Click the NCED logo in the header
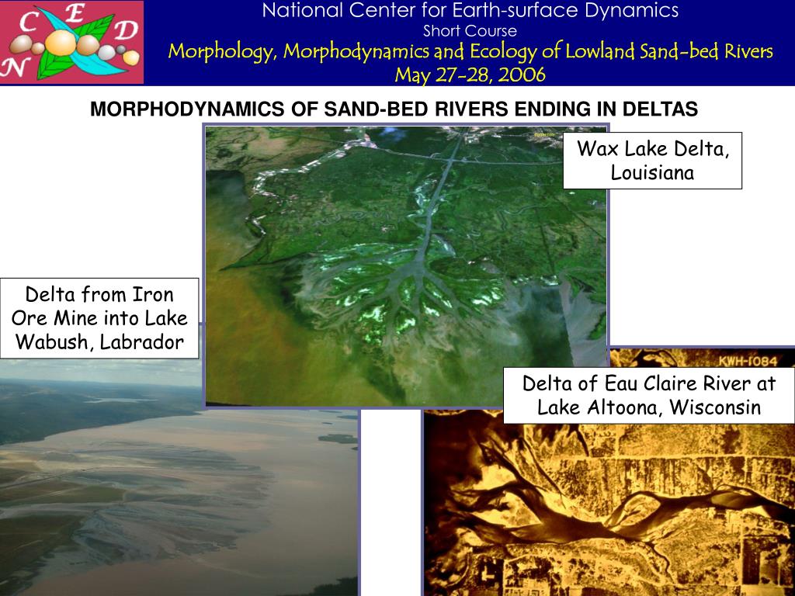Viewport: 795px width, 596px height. pyautogui.click(x=71, y=42)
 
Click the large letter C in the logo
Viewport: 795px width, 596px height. pyautogui.click(x=29, y=23)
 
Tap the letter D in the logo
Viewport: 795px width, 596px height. pyautogui.click(x=126, y=30)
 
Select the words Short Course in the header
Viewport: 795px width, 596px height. pyautogui.click(x=470, y=31)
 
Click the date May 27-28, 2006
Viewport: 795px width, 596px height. pyautogui.click(x=470, y=75)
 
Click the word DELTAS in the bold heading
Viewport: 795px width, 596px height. pyautogui.click(x=660, y=109)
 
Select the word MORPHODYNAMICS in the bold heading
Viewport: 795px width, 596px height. pyautogui.click(x=187, y=109)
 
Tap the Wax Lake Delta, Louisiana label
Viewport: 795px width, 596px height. pyautogui.click(x=652, y=161)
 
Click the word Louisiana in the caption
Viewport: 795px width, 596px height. pyautogui.click(x=652, y=173)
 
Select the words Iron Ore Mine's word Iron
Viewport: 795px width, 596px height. pyautogui.click(x=153, y=294)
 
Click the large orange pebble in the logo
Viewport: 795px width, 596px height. pyautogui.click(x=61, y=43)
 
